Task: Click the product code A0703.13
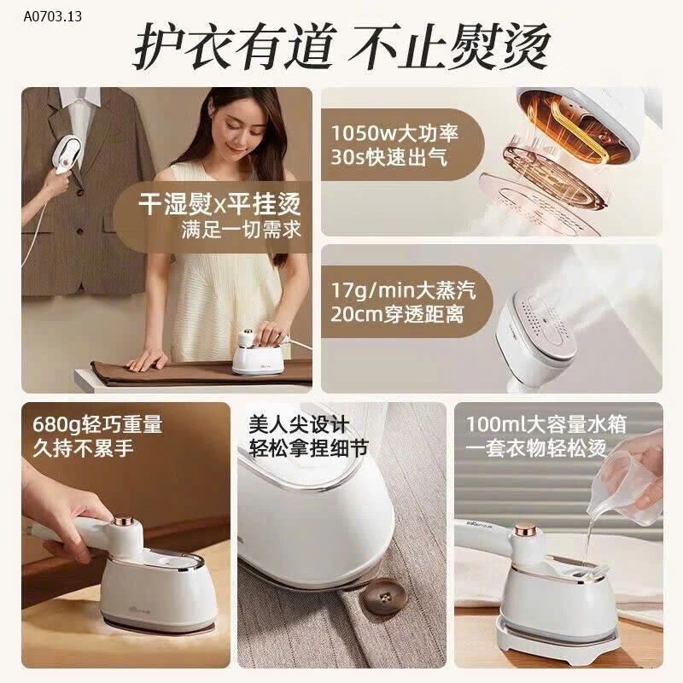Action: click(53, 16)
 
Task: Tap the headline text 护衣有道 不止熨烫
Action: click(341, 46)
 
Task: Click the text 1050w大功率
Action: click(394, 133)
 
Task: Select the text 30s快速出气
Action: click(389, 157)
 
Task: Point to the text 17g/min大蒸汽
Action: click(403, 290)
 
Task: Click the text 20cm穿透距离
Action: click(397, 314)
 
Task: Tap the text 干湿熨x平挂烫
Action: click(219, 203)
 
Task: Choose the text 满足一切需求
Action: click(242, 230)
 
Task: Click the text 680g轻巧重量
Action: click(97, 424)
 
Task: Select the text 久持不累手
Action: click(83, 448)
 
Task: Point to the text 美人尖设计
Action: click(300, 424)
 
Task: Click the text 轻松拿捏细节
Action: click(309, 448)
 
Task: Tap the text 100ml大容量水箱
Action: click(546, 424)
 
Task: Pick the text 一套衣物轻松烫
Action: click(536, 448)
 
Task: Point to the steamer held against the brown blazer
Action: click(67, 151)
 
